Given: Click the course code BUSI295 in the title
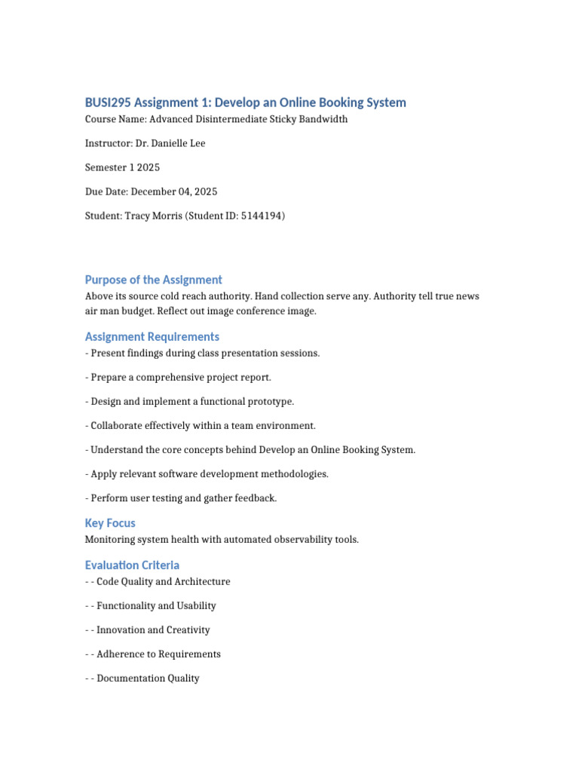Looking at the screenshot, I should point(107,103).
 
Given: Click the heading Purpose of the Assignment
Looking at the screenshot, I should point(153,280).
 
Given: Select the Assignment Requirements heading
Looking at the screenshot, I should point(152,337).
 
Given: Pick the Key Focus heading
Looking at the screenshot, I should point(110,523).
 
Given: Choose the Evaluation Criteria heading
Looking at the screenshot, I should point(132,565).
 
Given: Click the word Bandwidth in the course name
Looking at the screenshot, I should point(323,119).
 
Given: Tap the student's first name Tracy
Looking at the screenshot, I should point(138,216).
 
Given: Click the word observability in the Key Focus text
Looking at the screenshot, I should point(299,540).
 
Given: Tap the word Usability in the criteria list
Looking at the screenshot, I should point(195,606).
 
